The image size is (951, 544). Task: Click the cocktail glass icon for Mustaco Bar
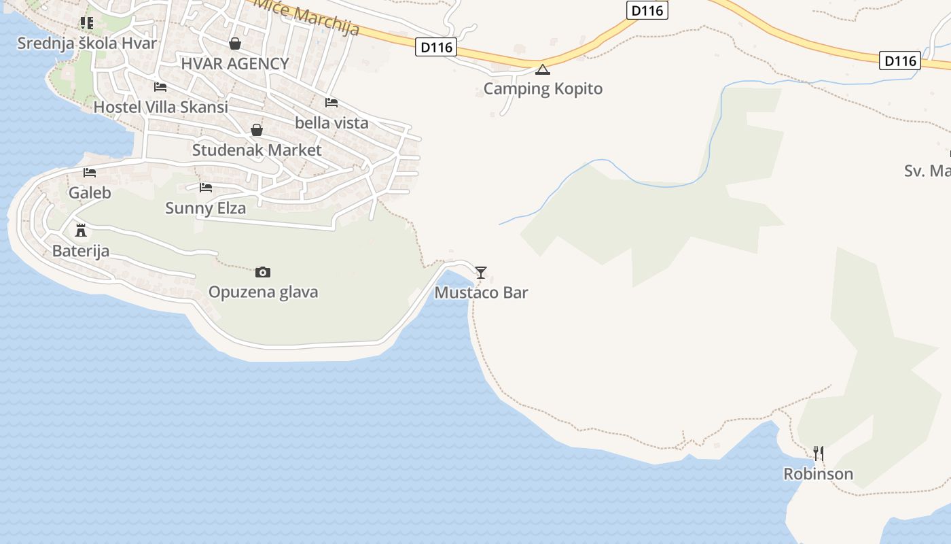point(481,273)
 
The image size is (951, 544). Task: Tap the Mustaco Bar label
point(481,293)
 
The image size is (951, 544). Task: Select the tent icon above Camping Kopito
point(542,69)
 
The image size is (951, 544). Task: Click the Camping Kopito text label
point(543,89)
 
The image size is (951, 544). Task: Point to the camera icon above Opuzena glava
point(263,272)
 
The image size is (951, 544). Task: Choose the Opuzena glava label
point(263,292)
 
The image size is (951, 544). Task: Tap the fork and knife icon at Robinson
point(819,453)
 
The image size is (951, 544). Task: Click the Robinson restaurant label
point(818,474)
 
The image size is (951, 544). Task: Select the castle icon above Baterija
point(81,231)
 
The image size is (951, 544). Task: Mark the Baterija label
point(81,251)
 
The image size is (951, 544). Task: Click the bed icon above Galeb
point(90,173)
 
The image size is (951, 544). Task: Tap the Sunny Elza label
point(205,208)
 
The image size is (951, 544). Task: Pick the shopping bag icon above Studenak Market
point(257,130)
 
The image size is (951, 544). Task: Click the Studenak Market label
point(257,150)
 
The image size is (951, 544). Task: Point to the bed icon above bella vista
point(331,103)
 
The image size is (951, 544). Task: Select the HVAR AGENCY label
point(235,64)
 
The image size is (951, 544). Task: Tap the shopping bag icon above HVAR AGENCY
point(235,44)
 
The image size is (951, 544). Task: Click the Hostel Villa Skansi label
point(160,107)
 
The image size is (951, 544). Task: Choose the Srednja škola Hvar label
point(87,44)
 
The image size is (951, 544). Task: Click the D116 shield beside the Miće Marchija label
point(435,48)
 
